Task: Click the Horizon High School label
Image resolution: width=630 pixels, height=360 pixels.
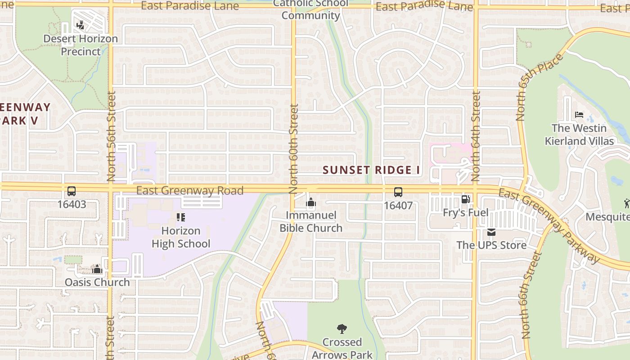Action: point(181,238)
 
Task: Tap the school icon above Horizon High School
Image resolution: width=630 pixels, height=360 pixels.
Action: point(181,218)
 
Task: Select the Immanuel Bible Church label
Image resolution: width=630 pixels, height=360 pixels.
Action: point(311,222)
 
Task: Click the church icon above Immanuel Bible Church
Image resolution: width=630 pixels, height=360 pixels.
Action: point(311,203)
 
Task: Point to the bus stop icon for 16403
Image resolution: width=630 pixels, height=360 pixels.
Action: point(72,191)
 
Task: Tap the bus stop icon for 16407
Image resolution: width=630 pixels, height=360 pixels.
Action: point(398,192)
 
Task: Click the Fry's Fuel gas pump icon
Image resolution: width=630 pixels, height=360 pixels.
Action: point(465,199)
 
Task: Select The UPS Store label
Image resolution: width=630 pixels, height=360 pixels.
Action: point(491,245)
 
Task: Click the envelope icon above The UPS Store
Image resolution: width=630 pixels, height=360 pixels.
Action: point(491,232)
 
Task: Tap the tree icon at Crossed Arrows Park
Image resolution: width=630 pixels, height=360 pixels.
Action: point(342,329)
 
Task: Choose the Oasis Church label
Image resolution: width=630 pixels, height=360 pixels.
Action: point(97,283)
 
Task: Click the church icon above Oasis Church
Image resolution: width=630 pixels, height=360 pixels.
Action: point(97,270)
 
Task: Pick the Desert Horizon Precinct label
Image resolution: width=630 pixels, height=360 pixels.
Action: point(81,45)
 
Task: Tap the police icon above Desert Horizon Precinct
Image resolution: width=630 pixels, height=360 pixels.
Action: point(81,25)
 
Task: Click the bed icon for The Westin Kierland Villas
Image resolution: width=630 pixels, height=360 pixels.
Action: point(579,115)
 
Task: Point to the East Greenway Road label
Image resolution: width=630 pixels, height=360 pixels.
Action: point(190,191)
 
